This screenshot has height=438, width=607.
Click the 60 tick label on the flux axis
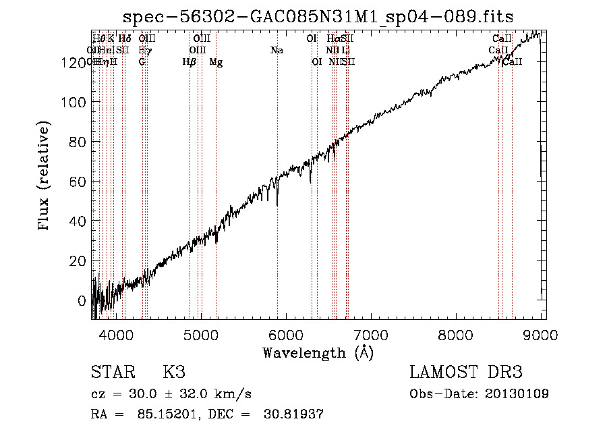(x=76, y=182)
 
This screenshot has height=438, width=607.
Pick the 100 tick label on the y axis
(x=72, y=102)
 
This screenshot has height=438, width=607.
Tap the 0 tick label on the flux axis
(x=82, y=301)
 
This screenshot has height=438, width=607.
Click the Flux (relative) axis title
(x=45, y=177)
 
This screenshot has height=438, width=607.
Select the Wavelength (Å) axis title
(x=318, y=352)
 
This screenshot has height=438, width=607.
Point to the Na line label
(x=277, y=51)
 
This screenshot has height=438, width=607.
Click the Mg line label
(x=216, y=62)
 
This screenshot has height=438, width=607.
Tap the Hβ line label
(x=190, y=62)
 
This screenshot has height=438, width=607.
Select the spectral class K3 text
(x=173, y=372)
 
